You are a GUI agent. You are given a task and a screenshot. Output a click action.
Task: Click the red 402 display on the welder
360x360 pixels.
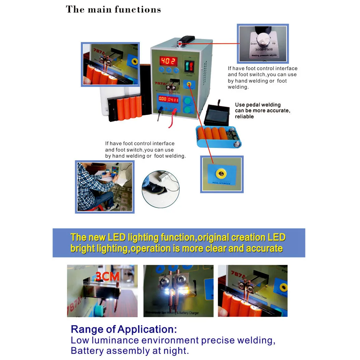[x=168, y=61]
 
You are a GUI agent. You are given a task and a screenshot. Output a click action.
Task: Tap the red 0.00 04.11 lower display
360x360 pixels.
[x=168, y=100]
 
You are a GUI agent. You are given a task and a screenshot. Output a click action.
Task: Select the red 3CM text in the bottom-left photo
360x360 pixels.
[x=107, y=276]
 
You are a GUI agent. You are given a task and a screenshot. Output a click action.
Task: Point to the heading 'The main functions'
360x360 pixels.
[x=113, y=9]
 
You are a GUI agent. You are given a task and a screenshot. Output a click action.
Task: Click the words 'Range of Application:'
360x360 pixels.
[x=124, y=330]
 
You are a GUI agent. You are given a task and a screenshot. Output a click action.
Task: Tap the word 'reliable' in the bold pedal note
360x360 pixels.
[x=244, y=116]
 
